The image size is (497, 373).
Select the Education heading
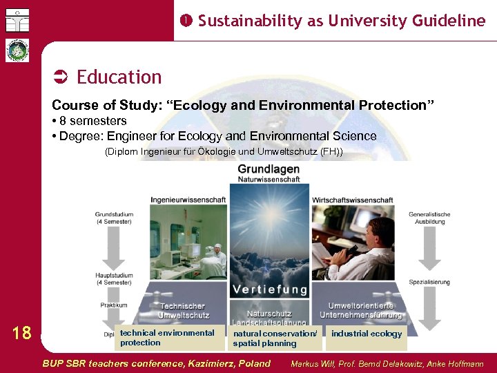[119, 77]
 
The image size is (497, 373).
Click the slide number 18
[22, 334]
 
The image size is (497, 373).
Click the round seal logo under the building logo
[17, 50]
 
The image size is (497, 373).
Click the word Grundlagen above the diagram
[269, 169]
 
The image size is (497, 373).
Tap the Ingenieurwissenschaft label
[188, 200]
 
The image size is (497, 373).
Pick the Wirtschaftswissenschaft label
[353, 200]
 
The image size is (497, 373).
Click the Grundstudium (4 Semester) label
[114, 218]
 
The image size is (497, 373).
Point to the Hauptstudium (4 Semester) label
[114, 278]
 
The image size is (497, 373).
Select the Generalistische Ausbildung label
[429, 218]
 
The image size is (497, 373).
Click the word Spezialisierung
[429, 282]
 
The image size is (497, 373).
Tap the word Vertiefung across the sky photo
[269, 289]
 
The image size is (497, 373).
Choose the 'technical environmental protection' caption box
[168, 338]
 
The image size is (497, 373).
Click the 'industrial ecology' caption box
[367, 334]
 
